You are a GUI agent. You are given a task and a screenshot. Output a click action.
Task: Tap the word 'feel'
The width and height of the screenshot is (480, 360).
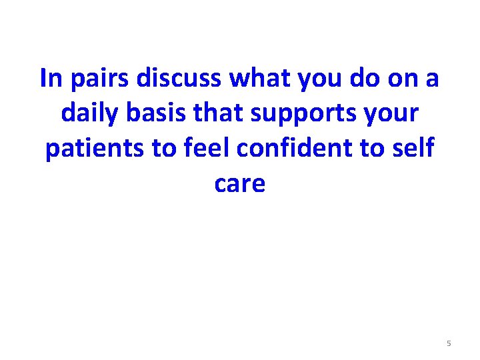[208, 148]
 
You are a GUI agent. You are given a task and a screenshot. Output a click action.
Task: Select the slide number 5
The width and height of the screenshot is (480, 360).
[449, 343]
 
